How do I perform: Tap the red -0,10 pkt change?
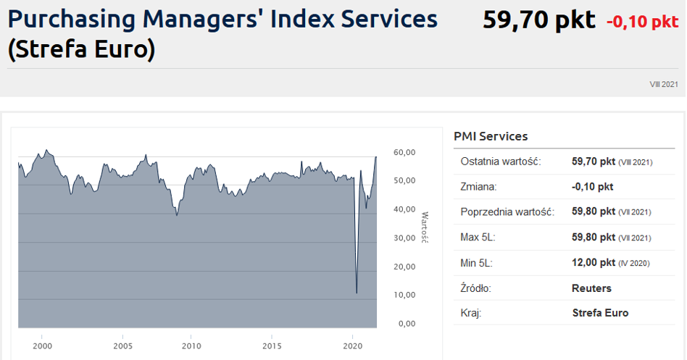[642, 22]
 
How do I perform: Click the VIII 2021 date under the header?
[664, 85]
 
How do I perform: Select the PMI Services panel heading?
[491, 136]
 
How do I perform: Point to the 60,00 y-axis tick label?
[404, 152]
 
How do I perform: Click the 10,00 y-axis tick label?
[404, 295]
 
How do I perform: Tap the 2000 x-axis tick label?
[42, 346]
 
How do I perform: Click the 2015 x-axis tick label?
[272, 346]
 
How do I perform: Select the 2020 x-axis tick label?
[351, 346]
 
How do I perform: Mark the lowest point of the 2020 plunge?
[357, 293]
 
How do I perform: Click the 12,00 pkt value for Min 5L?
[593, 263]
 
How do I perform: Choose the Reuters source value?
[591, 288]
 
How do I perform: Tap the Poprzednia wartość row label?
[507, 212]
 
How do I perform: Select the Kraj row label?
[471, 313]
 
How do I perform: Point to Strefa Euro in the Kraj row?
[600, 313]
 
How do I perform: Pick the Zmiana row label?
[478, 187]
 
